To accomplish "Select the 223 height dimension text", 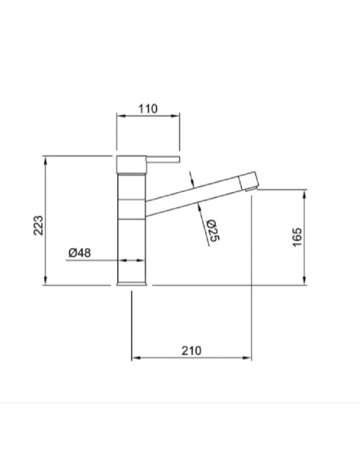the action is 39,225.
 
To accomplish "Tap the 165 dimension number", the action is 297,237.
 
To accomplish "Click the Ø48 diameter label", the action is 80,253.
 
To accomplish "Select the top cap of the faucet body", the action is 132,164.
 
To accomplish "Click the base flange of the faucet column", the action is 132,284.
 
